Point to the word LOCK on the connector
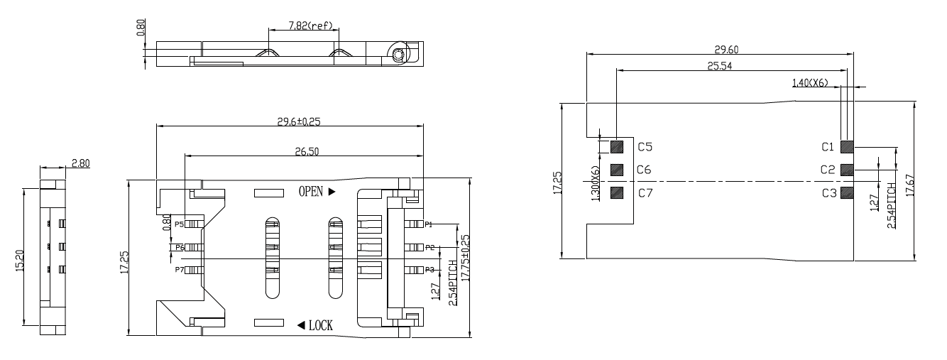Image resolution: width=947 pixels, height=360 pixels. point(321,325)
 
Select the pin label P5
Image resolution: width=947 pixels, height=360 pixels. point(179,224)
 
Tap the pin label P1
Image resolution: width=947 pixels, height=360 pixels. point(429,224)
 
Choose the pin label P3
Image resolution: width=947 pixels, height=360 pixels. point(429,270)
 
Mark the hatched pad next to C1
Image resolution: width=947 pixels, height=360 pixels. point(846,147)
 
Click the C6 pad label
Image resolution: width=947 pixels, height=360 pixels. point(644,170)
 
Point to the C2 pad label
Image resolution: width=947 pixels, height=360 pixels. point(827,170)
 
